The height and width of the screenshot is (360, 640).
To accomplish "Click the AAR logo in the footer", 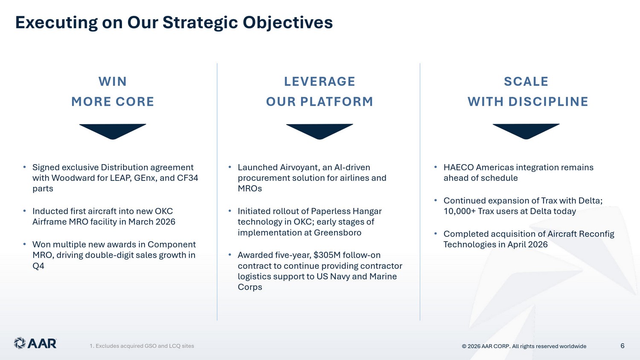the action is [35, 343].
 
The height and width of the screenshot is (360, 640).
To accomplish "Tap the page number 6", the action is [622, 346].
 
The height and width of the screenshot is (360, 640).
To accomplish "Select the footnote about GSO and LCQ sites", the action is [142, 346].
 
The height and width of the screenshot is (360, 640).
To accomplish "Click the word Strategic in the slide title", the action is [200, 23].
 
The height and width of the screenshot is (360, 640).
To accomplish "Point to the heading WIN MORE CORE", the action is [113, 91].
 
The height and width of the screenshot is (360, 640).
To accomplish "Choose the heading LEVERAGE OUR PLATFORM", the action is [320, 91].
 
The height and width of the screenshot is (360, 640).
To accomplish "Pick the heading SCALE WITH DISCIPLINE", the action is [528, 91].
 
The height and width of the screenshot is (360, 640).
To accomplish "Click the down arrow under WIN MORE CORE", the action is [113, 131].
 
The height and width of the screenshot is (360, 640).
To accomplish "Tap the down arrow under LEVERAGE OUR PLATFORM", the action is [320, 131].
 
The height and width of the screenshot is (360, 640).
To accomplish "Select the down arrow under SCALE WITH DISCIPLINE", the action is [526, 131].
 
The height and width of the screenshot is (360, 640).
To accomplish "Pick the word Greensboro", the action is [337, 232].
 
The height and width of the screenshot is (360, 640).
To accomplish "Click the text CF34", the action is [187, 178].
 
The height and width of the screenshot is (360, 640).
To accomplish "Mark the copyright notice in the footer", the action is [524, 346].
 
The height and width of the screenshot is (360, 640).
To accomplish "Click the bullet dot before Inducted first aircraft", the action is [25, 211].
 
